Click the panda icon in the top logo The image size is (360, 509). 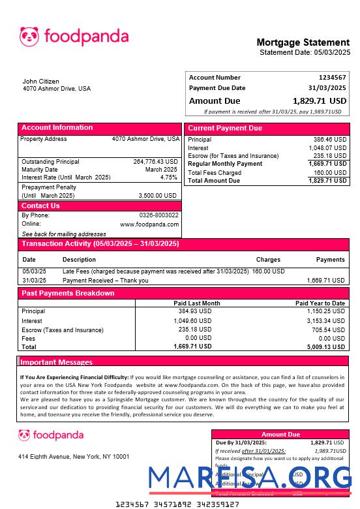coord(29,37)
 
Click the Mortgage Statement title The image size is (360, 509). coord(303,42)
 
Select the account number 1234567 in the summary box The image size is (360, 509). coord(332,78)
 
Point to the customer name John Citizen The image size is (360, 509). coord(41,82)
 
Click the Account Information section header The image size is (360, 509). coord(57,128)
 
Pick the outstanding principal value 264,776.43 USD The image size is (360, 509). coord(155,161)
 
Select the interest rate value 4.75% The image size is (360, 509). coord(168,177)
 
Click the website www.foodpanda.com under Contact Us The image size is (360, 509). coord(149,224)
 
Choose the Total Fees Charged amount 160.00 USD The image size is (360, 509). coord(330,173)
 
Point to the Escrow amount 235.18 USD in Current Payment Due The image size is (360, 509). coord(330,156)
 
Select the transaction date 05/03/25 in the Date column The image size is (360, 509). coord(34,271)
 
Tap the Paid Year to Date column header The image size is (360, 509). coord(320,303)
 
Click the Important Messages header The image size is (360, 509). coord(57,362)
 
